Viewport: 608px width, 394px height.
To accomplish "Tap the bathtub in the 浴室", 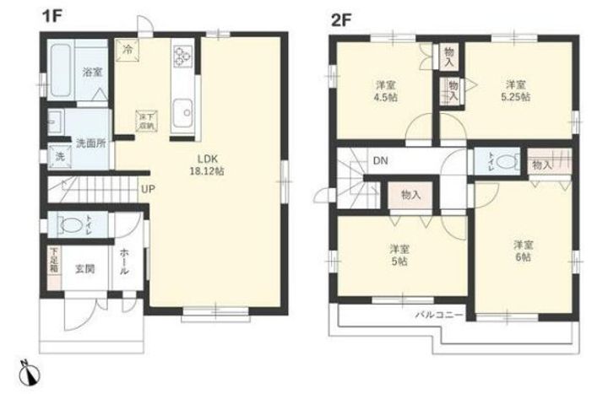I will (x=59, y=63).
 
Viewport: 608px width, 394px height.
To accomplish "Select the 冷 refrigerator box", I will (x=127, y=51).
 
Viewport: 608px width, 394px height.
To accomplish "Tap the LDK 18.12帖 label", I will (x=210, y=164).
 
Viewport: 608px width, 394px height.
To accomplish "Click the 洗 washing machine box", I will (x=59, y=156).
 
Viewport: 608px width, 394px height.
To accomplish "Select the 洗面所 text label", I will (x=90, y=143).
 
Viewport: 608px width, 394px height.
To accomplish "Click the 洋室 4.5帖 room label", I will (x=388, y=90).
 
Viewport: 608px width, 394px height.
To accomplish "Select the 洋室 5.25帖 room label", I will (x=518, y=90).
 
